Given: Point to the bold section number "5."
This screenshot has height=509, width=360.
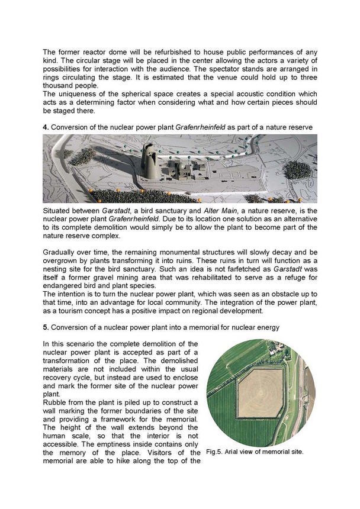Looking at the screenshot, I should [x=46, y=326].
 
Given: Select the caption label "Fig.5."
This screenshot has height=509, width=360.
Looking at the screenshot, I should [x=217, y=452].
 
